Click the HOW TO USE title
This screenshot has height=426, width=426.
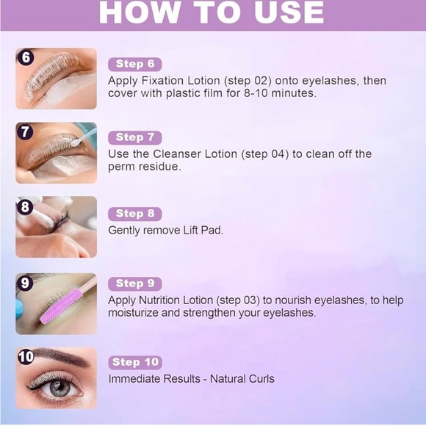[x=212, y=12]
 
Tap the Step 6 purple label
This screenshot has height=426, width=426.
[x=134, y=65]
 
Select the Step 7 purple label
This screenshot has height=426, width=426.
[x=134, y=137]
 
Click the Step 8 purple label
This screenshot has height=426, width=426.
[x=134, y=214]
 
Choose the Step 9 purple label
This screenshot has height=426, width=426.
[x=134, y=284]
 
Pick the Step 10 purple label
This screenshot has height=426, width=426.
[x=135, y=362]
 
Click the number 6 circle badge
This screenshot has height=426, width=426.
[x=25, y=57]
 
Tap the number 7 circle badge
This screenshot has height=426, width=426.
[x=25, y=132]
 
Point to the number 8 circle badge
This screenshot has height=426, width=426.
[x=25, y=207]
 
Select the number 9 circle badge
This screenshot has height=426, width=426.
[x=25, y=282]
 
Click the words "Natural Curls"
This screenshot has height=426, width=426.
[x=242, y=379]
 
